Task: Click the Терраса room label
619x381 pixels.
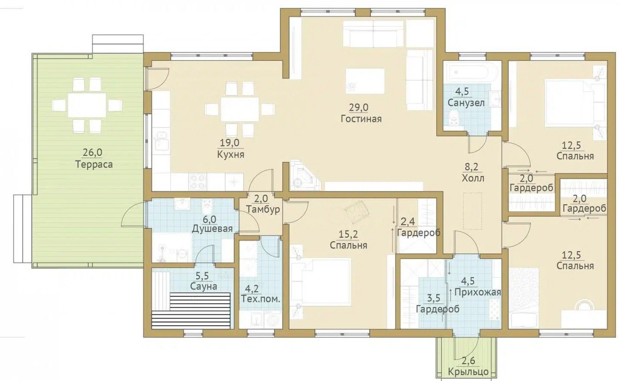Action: click(x=94, y=164)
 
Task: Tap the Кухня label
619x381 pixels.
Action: click(x=231, y=154)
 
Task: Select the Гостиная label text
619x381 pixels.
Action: click(x=361, y=119)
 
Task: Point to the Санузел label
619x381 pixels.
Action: click(x=466, y=103)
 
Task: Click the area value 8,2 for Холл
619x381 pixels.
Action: click(x=472, y=167)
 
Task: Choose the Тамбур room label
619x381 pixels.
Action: click(x=263, y=209)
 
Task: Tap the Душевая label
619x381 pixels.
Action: click(x=212, y=229)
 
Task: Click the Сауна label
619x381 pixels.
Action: click(x=203, y=287)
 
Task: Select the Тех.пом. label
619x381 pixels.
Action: click(x=261, y=299)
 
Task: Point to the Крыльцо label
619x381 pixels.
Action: click(x=468, y=372)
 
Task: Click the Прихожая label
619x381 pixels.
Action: click(x=478, y=292)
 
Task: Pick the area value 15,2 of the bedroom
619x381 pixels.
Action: click(x=348, y=235)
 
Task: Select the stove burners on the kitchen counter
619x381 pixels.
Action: click(x=198, y=181)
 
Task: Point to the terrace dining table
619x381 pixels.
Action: click(x=87, y=105)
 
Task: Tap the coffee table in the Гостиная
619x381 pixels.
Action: click(x=365, y=81)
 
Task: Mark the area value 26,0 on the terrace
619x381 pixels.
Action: click(x=93, y=152)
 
